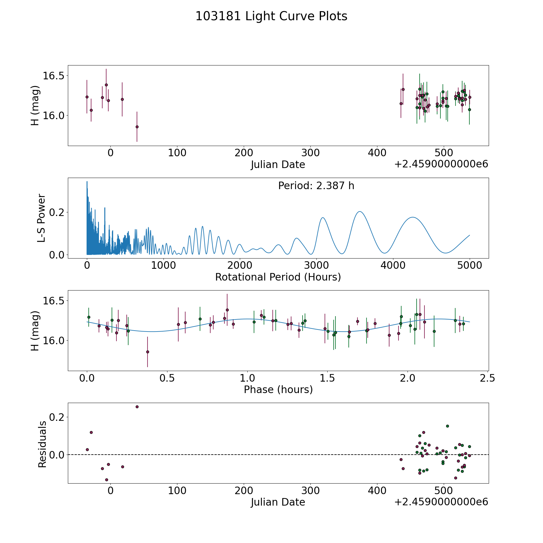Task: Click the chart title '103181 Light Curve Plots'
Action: (x=271, y=16)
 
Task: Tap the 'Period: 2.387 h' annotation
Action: (x=316, y=186)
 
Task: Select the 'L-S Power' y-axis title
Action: (x=41, y=218)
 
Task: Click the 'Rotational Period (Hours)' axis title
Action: (x=278, y=277)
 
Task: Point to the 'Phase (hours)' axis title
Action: (x=278, y=389)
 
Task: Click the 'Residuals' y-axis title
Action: (x=42, y=444)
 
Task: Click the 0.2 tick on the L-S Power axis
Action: (x=56, y=212)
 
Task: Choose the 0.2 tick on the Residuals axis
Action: (x=56, y=417)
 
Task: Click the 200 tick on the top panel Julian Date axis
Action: (x=244, y=153)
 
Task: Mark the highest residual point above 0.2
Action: (x=137, y=407)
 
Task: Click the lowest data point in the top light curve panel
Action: (x=137, y=127)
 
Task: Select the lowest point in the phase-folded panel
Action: (x=148, y=352)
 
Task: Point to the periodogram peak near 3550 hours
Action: (x=360, y=211)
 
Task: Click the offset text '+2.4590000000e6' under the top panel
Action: (x=441, y=164)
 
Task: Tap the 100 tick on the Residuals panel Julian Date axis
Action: (x=177, y=491)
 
